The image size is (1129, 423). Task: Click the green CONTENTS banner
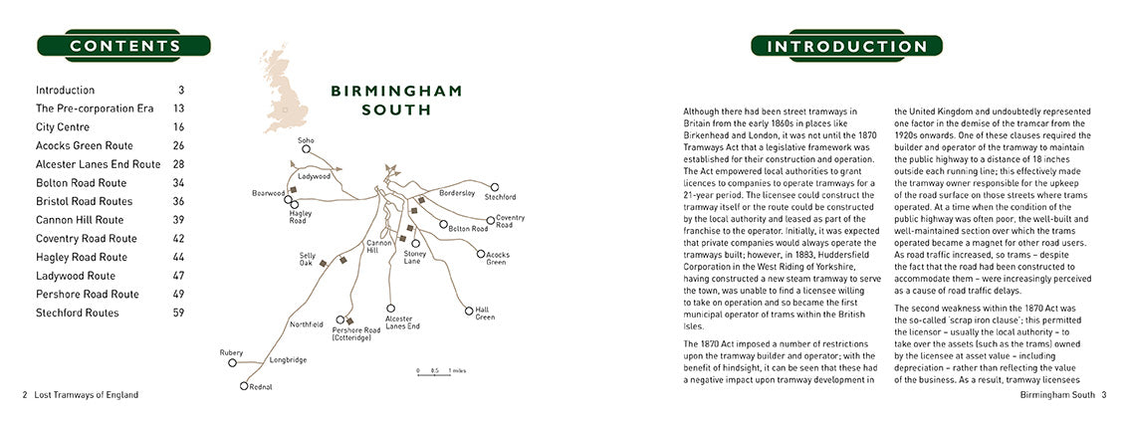[x=125, y=46]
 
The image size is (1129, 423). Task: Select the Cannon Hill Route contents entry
[x=80, y=220]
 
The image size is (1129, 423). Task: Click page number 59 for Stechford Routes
[x=177, y=314]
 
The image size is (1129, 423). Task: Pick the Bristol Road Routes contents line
[x=83, y=201]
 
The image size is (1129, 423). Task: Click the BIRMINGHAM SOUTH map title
[x=396, y=100]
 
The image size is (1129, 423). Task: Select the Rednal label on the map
[x=262, y=386]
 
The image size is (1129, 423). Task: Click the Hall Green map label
[x=484, y=313]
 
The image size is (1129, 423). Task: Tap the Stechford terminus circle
[x=495, y=186]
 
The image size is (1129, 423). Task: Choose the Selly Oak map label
[x=308, y=259]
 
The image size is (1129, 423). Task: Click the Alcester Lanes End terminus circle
[x=390, y=309]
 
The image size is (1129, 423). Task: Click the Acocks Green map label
[x=496, y=258]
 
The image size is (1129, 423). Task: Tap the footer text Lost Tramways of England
[x=87, y=395]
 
